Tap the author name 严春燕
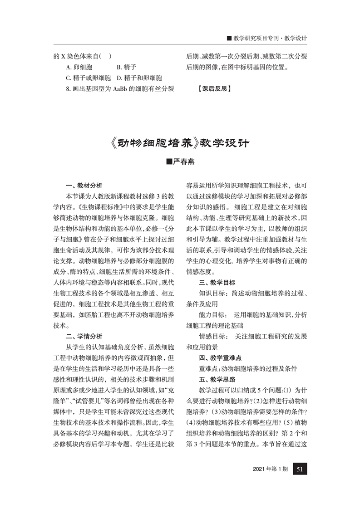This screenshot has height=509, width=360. coord(180,162)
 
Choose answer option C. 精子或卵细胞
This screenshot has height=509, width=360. coord(89,78)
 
